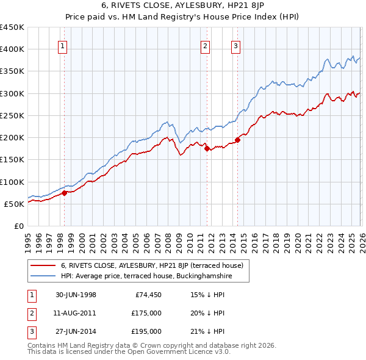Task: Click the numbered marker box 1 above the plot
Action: point(63,45)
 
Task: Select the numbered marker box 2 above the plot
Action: point(206,45)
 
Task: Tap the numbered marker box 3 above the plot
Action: point(236,45)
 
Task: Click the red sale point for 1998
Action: point(65,193)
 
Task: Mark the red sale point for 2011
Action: point(207,148)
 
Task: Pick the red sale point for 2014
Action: point(237,140)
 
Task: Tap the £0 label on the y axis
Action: point(19,226)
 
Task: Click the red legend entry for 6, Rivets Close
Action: point(152,265)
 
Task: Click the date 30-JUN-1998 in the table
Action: point(76,295)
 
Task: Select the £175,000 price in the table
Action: point(146,313)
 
